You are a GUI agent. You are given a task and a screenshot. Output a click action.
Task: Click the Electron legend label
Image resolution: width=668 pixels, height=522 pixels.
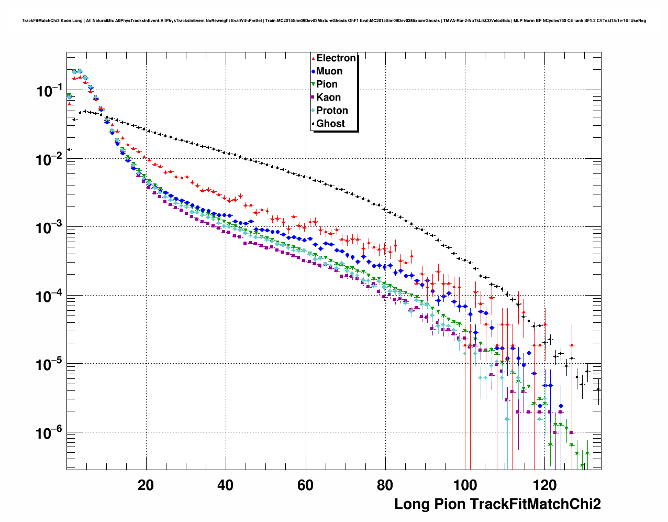(336, 58)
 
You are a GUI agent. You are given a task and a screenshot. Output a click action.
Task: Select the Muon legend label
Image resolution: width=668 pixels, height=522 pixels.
(329, 71)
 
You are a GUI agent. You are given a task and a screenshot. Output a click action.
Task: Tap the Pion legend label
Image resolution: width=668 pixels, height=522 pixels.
(327, 84)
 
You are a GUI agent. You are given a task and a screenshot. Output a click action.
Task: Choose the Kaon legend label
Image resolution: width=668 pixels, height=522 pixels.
(328, 97)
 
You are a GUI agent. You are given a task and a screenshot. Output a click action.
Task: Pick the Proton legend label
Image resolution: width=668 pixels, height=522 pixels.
(332, 111)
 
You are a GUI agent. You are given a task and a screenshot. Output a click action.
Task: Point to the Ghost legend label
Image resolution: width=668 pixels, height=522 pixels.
(330, 124)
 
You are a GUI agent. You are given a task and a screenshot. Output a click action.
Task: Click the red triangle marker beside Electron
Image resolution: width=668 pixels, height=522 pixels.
(313, 58)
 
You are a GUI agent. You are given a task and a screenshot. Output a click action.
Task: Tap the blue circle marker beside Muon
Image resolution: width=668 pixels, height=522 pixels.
(313, 71)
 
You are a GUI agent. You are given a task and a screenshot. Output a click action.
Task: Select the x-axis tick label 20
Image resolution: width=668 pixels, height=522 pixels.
(146, 485)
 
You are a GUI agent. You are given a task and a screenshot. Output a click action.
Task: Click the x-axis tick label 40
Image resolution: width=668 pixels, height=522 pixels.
(226, 485)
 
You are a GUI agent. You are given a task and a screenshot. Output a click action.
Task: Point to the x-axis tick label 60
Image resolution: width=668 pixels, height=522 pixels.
(305, 485)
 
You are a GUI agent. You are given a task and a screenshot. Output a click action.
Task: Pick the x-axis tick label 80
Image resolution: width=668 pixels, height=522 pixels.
(385, 485)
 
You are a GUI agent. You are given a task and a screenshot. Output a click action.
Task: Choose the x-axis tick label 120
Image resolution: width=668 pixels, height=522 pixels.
(544, 485)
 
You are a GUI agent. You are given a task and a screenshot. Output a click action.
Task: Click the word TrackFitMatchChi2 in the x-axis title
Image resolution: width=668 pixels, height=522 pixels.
(535, 504)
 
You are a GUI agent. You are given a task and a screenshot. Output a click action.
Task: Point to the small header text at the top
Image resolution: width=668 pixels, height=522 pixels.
(334, 21)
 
